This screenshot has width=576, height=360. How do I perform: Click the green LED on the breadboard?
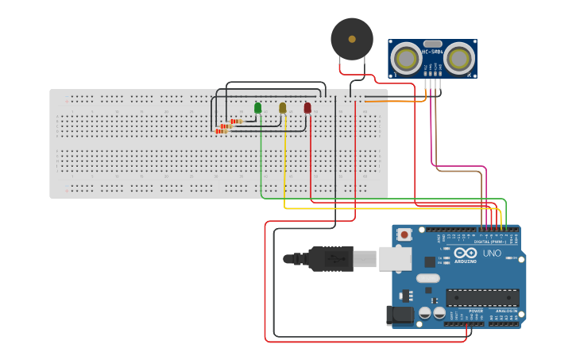click(257, 107)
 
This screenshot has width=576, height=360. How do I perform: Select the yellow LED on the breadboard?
click(282, 107)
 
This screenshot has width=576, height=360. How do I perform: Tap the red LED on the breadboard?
click(307, 107)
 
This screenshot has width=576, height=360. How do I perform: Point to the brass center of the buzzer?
click(352, 38)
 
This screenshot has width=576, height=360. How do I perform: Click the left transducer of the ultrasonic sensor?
click(407, 59)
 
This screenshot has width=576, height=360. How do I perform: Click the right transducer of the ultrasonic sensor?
click(458, 59)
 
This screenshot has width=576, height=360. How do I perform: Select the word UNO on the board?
click(492, 253)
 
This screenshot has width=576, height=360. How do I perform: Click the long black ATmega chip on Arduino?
click(481, 297)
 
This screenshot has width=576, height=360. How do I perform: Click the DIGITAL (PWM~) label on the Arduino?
click(493, 241)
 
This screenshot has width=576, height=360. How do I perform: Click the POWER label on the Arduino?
click(475, 311)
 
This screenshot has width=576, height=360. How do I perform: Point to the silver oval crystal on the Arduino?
click(427, 278)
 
